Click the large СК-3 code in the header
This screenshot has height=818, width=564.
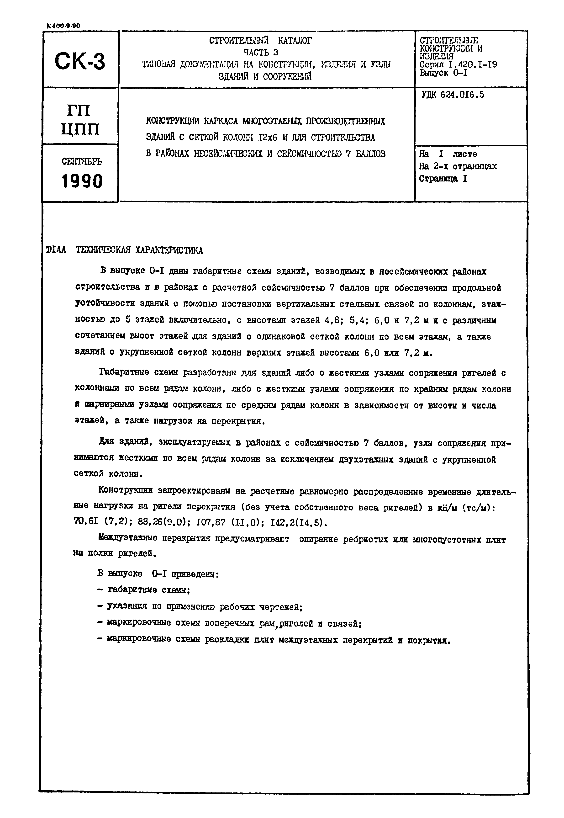pyautogui.click(x=80, y=61)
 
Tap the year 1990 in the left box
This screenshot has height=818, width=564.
pyautogui.click(x=82, y=182)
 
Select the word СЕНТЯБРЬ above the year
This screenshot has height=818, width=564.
pyautogui.click(x=82, y=162)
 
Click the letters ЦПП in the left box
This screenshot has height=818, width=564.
pyautogui.click(x=81, y=129)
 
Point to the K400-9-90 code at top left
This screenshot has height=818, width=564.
pyautogui.click(x=63, y=26)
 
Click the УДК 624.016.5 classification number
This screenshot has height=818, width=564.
pyautogui.click(x=453, y=95)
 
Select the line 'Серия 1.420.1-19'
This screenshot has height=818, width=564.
pyautogui.click(x=458, y=64)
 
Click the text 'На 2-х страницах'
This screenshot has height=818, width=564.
pyautogui.click(x=458, y=166)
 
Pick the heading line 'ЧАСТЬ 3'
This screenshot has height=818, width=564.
pyautogui.click(x=261, y=52)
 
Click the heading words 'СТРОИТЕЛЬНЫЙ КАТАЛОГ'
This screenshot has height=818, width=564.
pyautogui.click(x=261, y=41)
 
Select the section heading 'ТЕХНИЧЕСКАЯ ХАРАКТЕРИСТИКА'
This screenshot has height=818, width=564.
pyautogui.click(x=139, y=250)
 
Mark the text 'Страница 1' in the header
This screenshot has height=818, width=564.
pyautogui.click(x=443, y=179)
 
